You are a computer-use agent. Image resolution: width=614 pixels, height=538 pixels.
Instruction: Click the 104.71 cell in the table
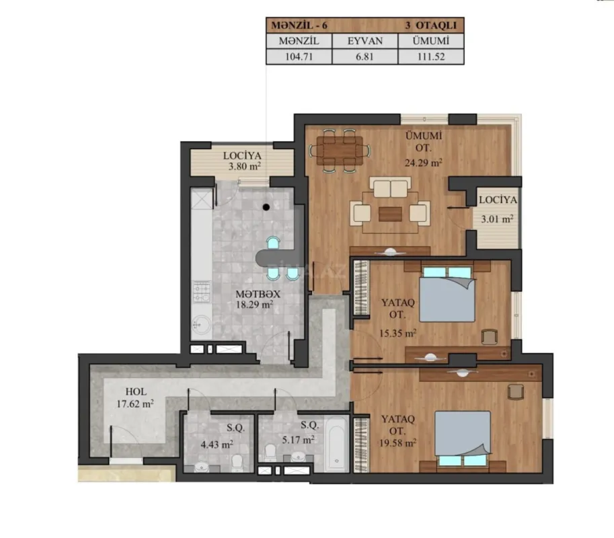299,57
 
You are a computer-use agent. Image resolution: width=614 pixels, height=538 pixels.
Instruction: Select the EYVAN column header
364,41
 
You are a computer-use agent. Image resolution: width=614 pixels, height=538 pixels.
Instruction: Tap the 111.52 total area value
430,57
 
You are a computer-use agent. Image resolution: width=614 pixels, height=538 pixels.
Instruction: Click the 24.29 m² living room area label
423,163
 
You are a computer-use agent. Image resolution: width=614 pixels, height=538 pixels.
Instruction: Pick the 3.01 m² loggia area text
498,218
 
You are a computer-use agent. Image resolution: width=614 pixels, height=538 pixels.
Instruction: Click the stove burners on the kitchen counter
201,291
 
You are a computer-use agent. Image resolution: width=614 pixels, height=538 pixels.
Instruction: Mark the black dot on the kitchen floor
266,207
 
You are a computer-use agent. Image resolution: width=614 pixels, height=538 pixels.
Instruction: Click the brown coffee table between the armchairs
389,213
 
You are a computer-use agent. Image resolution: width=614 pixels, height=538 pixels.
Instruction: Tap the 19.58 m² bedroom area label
398,443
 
